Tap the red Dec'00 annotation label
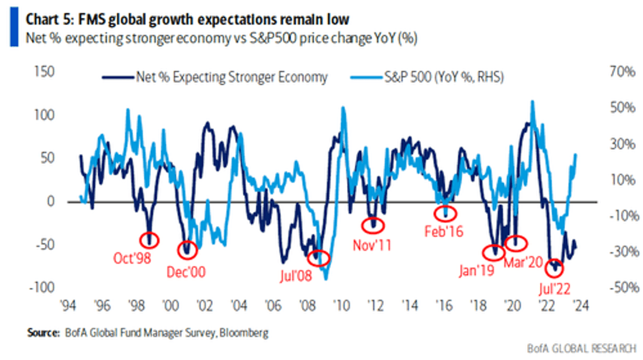pos(186,272)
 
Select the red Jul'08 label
pos(296,275)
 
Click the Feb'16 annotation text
pos(444,231)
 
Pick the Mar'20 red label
pos(523,262)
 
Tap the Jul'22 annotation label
pos(554,289)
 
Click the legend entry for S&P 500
pos(427,77)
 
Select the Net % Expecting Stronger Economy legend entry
pos(215,77)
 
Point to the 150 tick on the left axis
pos(44,71)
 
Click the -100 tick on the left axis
pos(42,288)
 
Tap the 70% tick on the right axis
pos(623,72)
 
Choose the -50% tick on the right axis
pos(624,288)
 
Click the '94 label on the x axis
pos(68,306)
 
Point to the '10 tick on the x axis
pos(341,306)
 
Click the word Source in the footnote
pos(43,333)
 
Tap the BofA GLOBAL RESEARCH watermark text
pos(582,348)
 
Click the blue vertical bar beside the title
pos(15,27)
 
